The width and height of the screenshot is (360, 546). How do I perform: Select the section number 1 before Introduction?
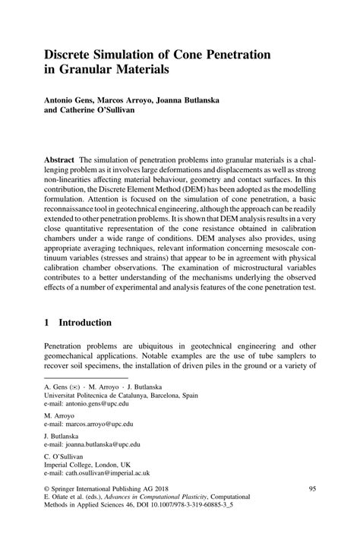[48, 322]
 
